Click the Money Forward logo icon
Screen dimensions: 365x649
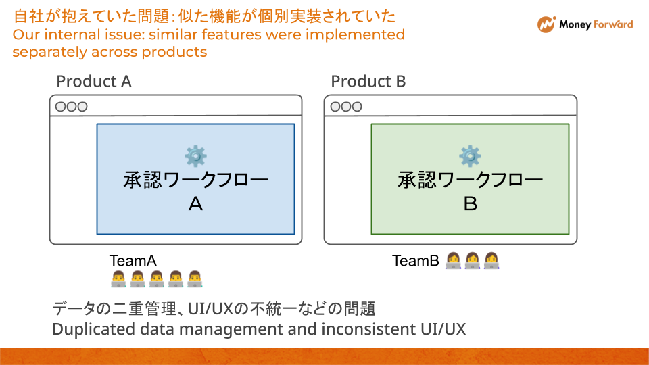point(546,24)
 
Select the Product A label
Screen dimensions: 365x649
point(93,82)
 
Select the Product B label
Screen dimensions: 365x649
point(368,82)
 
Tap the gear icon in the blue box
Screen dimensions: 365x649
point(195,156)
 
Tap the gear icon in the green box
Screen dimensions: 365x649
point(470,156)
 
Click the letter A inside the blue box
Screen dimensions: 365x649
point(195,204)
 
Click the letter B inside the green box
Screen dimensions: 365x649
point(470,204)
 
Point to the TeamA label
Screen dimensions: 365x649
point(133,260)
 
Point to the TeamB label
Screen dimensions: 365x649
point(416,260)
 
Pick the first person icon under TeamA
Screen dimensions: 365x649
point(118,278)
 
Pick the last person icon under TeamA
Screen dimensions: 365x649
point(195,278)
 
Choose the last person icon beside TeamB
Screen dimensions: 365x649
point(491,260)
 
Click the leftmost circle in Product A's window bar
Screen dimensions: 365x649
point(61,106)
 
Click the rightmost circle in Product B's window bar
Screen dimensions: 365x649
point(356,106)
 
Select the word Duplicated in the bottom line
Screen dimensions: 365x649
point(87,329)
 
